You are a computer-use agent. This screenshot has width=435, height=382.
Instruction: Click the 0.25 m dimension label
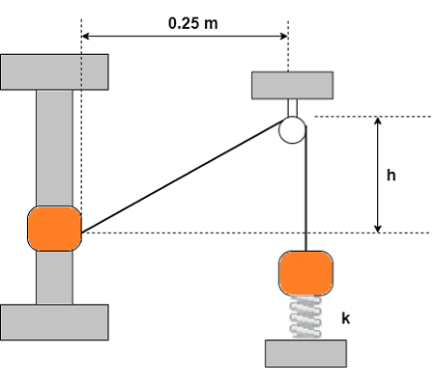193,21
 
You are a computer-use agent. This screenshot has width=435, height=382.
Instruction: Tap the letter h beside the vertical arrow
391,177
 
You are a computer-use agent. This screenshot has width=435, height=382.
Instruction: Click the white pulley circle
293,129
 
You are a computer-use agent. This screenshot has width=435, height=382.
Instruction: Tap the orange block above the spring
306,272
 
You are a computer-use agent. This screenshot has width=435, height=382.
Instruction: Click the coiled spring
306,316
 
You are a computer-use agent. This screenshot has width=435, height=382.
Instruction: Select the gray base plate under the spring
305,353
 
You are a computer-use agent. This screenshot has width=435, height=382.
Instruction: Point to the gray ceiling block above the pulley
292,85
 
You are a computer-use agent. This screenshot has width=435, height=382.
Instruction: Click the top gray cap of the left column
54,71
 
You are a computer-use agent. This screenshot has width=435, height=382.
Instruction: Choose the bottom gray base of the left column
54,322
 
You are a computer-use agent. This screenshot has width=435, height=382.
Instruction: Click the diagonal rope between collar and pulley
184,178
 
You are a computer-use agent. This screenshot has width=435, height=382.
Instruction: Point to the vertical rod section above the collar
54,145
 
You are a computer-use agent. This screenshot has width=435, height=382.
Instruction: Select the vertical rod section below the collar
54,280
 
